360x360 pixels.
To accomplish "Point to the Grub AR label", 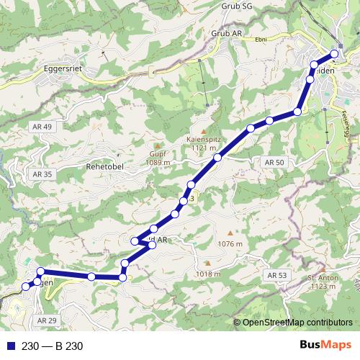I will [227, 33].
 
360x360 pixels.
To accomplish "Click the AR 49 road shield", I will [42, 127].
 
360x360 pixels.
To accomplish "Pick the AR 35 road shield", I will [42, 174].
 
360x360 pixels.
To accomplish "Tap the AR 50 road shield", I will [275, 163].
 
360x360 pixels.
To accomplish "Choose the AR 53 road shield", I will [276, 276].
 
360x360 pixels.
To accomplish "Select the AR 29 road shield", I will [46, 320].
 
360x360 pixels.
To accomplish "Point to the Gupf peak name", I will [158, 153].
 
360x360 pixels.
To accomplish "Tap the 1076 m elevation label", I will [230, 243].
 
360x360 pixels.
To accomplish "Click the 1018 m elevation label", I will [207, 274].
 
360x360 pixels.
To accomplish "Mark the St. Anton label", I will [323, 278].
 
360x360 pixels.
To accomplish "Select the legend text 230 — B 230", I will [53, 346].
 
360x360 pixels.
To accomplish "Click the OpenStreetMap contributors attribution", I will [297, 323].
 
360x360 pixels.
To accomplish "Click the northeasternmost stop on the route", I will [334, 54].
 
